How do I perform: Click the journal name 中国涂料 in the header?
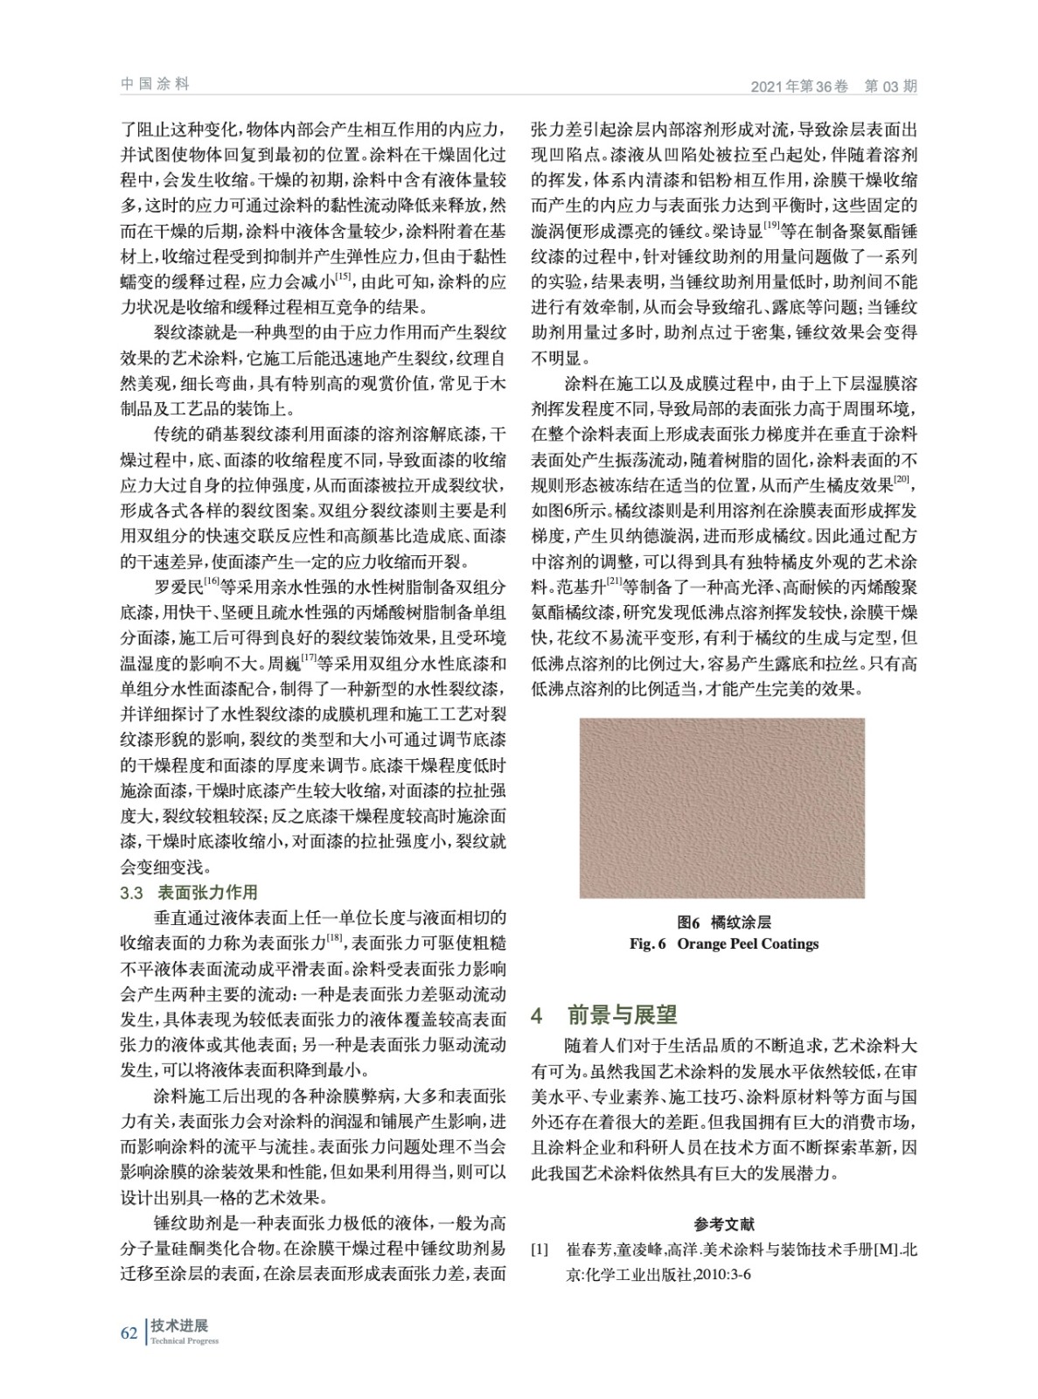click(x=155, y=84)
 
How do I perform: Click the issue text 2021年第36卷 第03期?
click(x=833, y=87)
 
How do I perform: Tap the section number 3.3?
click(x=131, y=893)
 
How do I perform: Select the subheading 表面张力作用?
click(x=207, y=893)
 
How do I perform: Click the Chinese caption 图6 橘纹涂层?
click(x=723, y=922)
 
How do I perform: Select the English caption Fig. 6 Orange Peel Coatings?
click(x=723, y=943)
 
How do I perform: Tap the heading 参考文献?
click(x=724, y=1224)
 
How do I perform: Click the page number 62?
click(x=129, y=1333)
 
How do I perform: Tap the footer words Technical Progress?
click(x=185, y=1341)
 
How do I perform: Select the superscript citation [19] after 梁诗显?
click(x=772, y=227)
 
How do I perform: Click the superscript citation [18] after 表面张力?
click(x=334, y=939)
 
